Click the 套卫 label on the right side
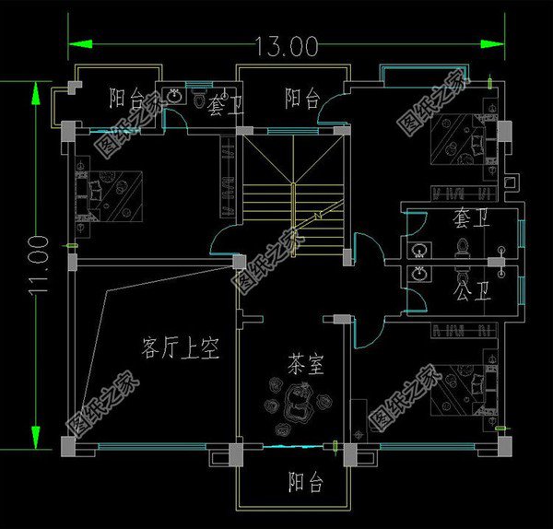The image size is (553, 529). (469, 221)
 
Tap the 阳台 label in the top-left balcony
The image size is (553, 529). (125, 97)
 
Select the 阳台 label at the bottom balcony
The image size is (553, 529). (305, 481)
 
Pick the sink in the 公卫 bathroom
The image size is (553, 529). (420, 275)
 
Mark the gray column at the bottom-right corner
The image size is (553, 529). (505, 448)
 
